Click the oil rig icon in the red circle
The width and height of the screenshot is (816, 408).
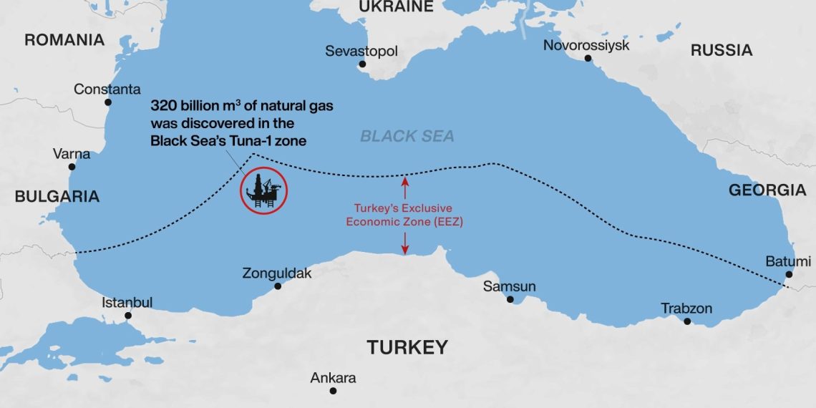(x=264, y=192)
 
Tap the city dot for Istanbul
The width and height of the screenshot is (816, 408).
(x=128, y=315)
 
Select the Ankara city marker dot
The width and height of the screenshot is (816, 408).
(x=333, y=391)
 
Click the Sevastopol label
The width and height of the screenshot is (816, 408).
(x=361, y=52)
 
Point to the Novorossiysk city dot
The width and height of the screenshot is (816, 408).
(x=588, y=58)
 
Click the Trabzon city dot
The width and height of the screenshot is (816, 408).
(x=687, y=321)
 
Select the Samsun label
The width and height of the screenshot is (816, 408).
(x=509, y=286)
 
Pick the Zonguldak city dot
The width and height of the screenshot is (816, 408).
(x=278, y=286)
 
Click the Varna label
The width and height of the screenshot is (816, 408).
(x=72, y=154)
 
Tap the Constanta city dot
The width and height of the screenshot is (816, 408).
(x=109, y=102)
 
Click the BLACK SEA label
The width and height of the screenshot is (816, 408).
(x=407, y=136)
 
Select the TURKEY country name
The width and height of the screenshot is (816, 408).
(x=407, y=348)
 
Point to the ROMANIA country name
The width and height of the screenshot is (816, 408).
(x=64, y=40)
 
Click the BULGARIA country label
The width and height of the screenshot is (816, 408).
(x=57, y=197)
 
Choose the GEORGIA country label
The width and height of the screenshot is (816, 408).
(x=767, y=190)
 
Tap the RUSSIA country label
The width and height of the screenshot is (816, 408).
(x=721, y=50)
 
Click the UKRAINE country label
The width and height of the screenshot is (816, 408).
(x=396, y=7)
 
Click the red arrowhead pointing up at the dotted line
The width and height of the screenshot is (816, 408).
(x=405, y=182)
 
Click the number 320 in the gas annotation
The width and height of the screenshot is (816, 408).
(x=164, y=106)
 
